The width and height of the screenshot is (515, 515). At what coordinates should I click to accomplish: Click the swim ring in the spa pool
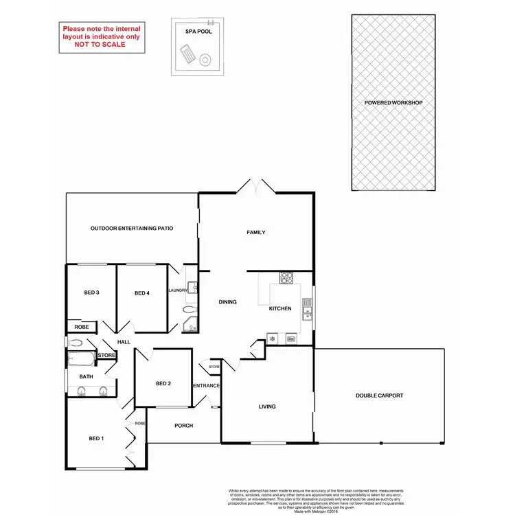[205, 61]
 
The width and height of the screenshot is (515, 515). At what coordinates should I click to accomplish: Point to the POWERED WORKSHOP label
[393, 103]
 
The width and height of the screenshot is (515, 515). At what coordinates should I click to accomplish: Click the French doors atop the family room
[254, 186]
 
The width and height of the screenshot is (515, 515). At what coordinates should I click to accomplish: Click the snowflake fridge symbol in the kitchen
[273, 339]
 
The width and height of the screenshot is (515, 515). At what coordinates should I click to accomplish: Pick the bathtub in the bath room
[82, 358]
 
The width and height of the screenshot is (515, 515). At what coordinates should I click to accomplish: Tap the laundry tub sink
[192, 288]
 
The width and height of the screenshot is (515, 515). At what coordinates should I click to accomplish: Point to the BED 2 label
[163, 383]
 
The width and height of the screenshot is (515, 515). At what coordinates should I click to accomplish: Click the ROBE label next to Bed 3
[82, 327]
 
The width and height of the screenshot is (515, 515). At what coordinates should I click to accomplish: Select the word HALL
[124, 342]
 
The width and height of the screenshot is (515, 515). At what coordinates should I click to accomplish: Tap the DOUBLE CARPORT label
[379, 396]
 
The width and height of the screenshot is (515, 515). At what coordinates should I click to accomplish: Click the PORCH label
[183, 426]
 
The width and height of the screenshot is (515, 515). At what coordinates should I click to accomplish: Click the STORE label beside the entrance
[214, 368]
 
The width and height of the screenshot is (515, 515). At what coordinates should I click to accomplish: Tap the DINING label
[227, 301]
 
